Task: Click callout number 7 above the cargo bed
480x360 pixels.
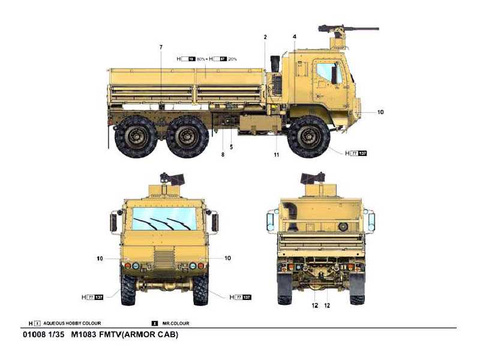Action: coord(161,47)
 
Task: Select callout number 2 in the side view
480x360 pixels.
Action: coord(265,37)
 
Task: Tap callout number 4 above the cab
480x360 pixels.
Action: coord(295,37)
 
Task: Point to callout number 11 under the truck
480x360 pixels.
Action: coord(277,155)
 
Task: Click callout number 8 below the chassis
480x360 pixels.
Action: coord(223,155)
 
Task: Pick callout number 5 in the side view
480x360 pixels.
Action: coord(231,147)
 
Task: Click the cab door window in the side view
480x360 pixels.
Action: coord(328,73)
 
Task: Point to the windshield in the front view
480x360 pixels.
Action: coord(164,218)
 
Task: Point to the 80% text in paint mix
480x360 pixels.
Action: coord(201,59)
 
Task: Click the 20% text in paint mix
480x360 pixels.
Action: coord(232,59)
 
